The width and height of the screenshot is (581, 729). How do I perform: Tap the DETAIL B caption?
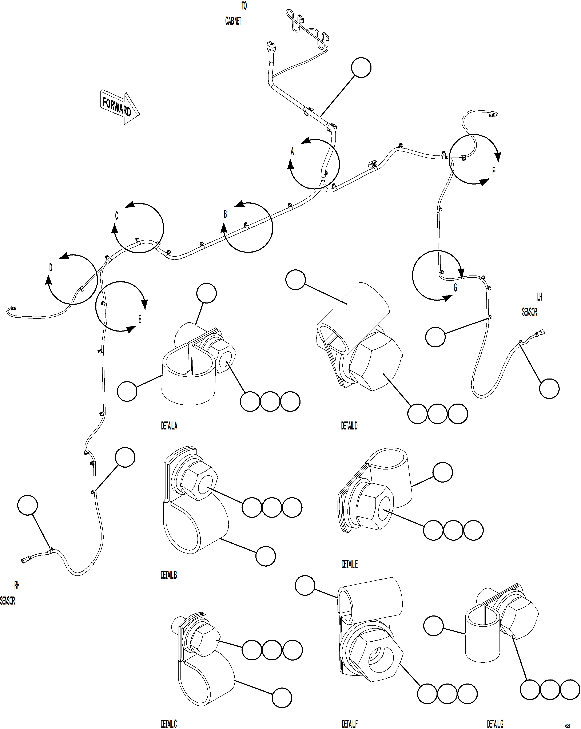(169, 575)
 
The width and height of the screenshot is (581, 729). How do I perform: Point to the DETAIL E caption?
(349, 564)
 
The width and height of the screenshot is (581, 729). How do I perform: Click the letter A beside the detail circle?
(292, 151)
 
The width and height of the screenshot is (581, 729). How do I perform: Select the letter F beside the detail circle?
(493, 171)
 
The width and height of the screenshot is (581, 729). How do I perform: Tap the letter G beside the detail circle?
(455, 288)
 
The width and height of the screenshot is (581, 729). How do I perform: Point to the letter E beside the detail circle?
(140, 319)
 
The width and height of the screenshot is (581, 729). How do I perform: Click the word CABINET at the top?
(233, 21)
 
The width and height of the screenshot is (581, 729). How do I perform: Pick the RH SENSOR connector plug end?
(24, 561)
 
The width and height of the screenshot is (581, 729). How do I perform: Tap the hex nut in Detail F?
(375, 658)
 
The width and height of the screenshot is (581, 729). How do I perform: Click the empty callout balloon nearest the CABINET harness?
(361, 68)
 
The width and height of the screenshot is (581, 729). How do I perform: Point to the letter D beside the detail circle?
(51, 268)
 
